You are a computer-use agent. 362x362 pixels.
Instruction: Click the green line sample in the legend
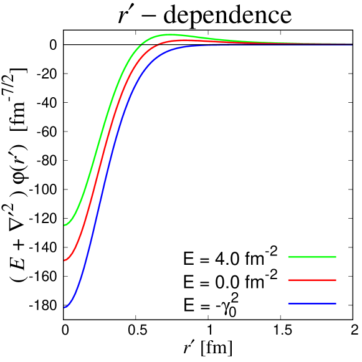pyautogui.click(x=312, y=257)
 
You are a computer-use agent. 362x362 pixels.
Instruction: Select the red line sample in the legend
pyautogui.click(x=312, y=280)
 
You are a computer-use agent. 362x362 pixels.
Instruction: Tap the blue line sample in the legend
pyautogui.click(x=312, y=304)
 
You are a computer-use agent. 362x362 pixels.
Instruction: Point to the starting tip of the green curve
pyautogui.click(x=64, y=225)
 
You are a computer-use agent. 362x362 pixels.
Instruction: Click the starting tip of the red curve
pyautogui.click(x=64, y=260)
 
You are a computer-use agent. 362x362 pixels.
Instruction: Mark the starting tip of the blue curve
pyautogui.click(x=64, y=307)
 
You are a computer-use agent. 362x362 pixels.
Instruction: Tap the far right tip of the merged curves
pyautogui.click(x=352, y=44)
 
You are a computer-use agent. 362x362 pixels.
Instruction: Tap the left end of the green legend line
pyautogui.click(x=288, y=257)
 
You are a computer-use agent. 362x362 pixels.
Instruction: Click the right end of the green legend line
pyautogui.click(x=336, y=257)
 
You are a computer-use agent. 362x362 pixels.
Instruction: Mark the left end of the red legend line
pyautogui.click(x=288, y=280)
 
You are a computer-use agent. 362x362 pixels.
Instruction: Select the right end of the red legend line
pyautogui.click(x=336, y=280)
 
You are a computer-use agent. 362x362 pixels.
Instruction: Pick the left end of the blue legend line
pyautogui.click(x=288, y=304)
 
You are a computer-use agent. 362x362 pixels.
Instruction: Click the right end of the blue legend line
pyautogui.click(x=336, y=304)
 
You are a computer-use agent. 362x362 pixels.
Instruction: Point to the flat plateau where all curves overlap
pyautogui.click(x=299, y=44)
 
